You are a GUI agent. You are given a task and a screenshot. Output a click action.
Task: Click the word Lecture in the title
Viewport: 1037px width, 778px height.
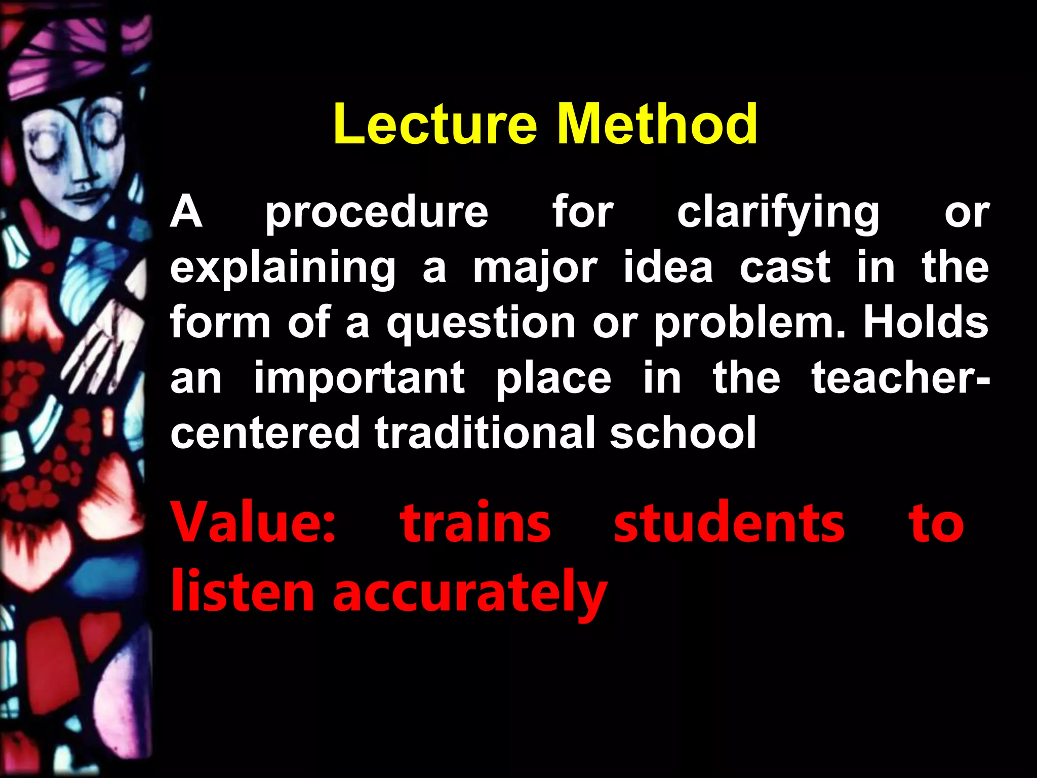point(434,124)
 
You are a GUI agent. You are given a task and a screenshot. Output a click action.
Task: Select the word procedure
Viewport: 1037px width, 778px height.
point(377,213)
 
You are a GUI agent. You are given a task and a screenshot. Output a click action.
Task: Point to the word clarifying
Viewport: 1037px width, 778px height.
point(778,213)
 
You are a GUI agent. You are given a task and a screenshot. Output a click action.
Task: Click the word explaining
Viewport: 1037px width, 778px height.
point(283,268)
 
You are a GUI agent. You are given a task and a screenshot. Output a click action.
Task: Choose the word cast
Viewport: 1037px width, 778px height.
point(784,268)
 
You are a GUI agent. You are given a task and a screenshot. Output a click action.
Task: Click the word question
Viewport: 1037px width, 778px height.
point(481,324)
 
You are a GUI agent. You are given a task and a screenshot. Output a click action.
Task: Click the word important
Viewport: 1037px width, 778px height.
point(359,379)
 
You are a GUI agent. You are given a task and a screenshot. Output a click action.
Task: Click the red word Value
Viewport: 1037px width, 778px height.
point(254,522)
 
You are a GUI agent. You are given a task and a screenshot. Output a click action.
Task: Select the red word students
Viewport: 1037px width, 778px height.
point(729,522)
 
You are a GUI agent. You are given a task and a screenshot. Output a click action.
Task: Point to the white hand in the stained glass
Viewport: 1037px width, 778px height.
point(101,349)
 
